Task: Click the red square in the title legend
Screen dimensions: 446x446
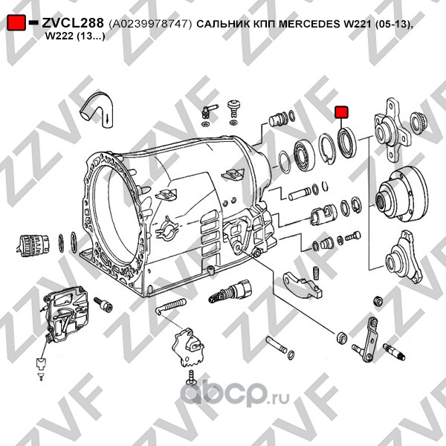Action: pos(16,22)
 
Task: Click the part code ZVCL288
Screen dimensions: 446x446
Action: pos(73,23)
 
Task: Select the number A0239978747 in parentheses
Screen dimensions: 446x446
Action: pos(150,25)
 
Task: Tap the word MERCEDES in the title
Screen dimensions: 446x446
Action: pos(310,24)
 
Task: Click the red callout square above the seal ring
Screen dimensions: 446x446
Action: pos(341,111)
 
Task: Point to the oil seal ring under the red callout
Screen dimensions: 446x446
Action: pos(346,143)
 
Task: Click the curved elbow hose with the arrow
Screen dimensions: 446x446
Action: pos(97,110)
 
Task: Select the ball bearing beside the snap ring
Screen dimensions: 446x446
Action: pos(304,156)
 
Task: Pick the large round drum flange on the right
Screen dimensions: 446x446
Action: pos(401,195)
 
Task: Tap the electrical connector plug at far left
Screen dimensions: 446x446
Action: pos(32,246)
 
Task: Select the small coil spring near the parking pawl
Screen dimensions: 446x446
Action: pos(315,273)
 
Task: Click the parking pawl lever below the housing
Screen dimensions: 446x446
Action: pos(303,286)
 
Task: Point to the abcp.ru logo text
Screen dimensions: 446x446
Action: pos(235,393)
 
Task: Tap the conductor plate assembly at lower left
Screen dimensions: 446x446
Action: pos(65,314)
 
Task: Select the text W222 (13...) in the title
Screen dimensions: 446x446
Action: pos(75,36)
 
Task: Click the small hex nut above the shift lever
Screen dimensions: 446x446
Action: pos(378,300)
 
